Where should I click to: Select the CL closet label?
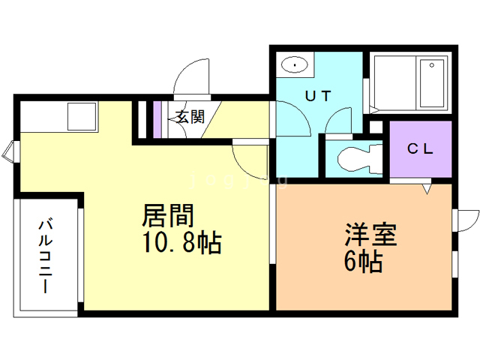(x=421, y=148)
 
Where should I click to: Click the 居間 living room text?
(x=169, y=216)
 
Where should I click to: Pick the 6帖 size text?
(x=364, y=262)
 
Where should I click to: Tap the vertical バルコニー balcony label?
(x=46, y=255)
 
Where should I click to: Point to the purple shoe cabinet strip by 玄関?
(x=157, y=118)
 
